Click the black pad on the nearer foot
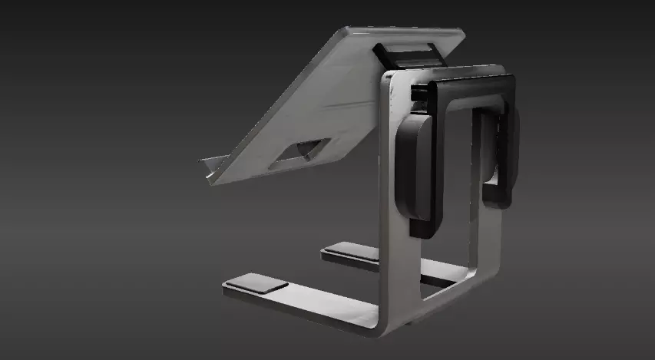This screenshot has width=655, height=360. [256, 284]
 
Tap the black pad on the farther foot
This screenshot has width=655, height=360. [349, 251]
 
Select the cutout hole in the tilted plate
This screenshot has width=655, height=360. [301, 151]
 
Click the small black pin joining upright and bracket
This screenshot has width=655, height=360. [418, 93]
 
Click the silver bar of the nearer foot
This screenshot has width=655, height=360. [307, 304]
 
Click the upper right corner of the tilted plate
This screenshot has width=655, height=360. [460, 33]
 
